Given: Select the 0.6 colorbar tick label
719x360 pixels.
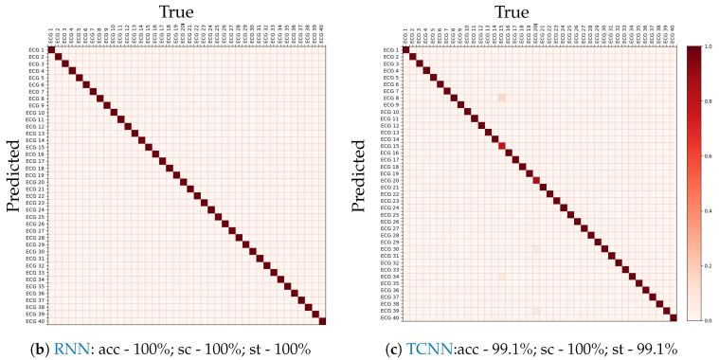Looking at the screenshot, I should click(710, 155).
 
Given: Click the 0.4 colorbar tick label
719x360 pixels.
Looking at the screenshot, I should click(710, 210).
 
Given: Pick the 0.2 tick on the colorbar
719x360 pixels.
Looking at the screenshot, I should click(710, 266).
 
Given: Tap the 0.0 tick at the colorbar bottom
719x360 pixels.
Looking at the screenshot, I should click(710, 321).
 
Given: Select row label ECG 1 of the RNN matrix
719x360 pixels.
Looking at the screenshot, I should click(34, 50).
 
